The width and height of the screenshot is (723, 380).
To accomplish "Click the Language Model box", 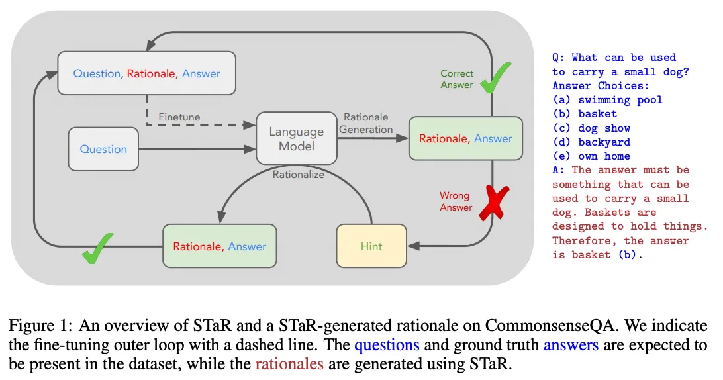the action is [x=297, y=138].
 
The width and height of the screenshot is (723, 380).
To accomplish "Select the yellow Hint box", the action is [x=371, y=246].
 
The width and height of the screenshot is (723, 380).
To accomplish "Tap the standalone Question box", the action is [x=103, y=149].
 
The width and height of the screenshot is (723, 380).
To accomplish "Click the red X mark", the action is [x=495, y=203].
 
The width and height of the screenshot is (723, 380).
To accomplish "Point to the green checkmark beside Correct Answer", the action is [x=495, y=78].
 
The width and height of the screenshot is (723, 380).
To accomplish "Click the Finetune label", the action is [x=179, y=117].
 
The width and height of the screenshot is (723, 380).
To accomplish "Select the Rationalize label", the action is [x=299, y=175].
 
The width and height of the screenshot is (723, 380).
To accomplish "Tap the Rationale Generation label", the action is [x=366, y=123].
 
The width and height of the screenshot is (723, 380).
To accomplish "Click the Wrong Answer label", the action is [x=456, y=201].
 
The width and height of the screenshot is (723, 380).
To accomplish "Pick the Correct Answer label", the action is [x=456, y=79].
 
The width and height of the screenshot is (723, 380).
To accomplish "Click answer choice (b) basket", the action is [x=585, y=114].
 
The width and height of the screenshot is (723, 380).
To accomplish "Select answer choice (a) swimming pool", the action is [x=607, y=100].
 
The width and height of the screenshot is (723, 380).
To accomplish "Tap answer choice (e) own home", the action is [x=591, y=156].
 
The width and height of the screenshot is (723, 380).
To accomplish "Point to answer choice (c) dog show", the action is [x=591, y=128].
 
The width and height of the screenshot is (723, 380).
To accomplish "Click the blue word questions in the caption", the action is [x=387, y=346].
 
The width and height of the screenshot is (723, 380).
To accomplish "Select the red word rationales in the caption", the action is [x=289, y=364].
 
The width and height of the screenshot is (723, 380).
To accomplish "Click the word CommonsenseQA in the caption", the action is [x=550, y=326].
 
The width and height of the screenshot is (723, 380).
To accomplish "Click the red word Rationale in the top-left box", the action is [x=151, y=73].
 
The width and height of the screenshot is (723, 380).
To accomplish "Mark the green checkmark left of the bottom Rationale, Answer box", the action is [x=97, y=248].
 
